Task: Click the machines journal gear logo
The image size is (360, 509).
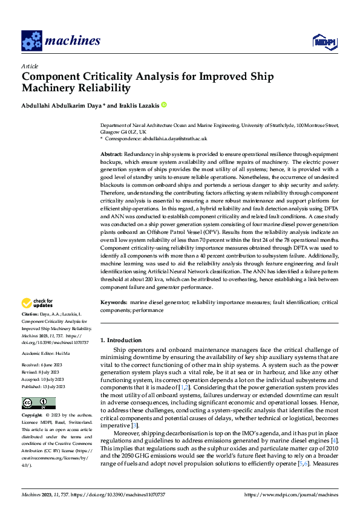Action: pos(31,41)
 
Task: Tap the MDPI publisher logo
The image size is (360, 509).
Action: pos(323,41)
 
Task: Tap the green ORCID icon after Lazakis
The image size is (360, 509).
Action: pos(163,105)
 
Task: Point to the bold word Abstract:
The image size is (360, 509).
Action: pos(111,155)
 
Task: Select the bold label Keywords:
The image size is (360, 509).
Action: pos(113,301)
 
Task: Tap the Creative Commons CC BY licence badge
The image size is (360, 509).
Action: pos(38,403)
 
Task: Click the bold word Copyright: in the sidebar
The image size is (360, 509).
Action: pos(32,417)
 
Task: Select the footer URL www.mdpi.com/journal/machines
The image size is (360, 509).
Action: pos(290,494)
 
